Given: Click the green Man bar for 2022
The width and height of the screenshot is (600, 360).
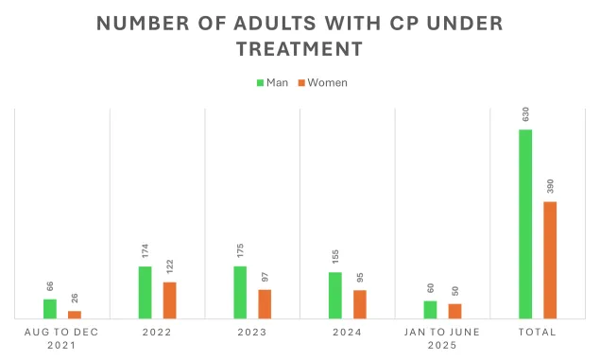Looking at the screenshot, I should click(145, 292).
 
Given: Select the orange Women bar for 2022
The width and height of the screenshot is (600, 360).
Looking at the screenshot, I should click(169, 300).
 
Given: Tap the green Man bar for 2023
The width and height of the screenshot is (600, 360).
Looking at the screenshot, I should click(240, 292).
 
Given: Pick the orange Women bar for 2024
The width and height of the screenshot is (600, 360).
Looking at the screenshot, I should click(359, 303).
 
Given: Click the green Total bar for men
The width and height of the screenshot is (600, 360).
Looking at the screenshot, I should click(525, 224).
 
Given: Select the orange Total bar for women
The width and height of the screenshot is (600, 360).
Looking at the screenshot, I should click(550, 260).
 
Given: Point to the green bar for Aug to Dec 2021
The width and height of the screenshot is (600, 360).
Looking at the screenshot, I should click(50, 308).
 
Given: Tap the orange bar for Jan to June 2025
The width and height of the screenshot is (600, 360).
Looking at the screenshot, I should click(454, 311).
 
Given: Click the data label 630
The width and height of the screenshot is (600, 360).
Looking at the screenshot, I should click(525, 113).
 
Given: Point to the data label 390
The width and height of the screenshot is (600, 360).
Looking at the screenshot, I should click(550, 185).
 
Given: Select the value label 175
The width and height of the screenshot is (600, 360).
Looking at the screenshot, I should click(240, 250).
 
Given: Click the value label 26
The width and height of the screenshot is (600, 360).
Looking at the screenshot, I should click(75, 298).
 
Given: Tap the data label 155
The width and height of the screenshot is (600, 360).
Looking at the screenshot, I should click(335, 257).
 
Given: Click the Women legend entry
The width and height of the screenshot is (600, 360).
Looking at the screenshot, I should click(323, 82).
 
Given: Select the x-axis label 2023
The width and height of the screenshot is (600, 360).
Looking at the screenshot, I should click(252, 332).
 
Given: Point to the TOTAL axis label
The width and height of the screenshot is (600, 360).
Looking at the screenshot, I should click(538, 332).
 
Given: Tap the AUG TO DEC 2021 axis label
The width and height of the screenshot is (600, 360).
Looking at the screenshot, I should click(62, 338).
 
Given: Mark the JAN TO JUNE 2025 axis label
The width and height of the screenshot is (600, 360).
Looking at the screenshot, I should click(442, 338).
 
